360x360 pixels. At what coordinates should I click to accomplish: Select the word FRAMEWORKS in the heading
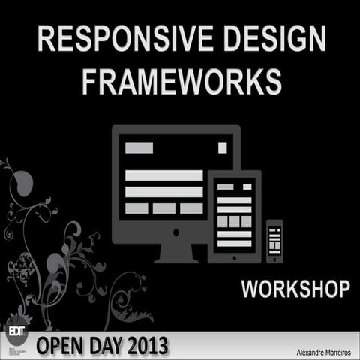tap(181, 82)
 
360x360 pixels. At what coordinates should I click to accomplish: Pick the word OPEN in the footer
tap(58, 347)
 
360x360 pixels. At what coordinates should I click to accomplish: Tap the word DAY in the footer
tap(97, 347)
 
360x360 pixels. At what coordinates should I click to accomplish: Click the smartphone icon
tap(274, 241)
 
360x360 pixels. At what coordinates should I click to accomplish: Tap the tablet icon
tap(234, 217)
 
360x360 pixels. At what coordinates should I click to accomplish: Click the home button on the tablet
tap(234, 257)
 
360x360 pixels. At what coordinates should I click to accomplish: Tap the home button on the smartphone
tap(274, 257)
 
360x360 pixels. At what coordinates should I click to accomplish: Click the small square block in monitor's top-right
tap(222, 148)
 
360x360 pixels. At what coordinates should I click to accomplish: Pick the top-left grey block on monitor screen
tap(139, 148)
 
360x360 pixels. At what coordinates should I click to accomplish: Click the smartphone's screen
tap(274, 238)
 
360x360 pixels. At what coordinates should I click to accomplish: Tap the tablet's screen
tap(234, 215)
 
